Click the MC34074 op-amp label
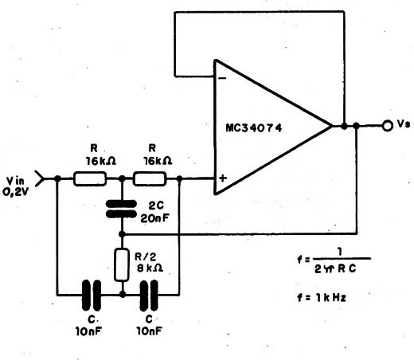click(x=254, y=128)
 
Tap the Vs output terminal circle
click(x=387, y=126)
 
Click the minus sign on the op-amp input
click(x=223, y=78)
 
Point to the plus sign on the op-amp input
click(x=223, y=178)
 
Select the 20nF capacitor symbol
click(x=121, y=209)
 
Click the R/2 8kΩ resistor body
click(x=122, y=264)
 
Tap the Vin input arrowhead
click(x=39, y=178)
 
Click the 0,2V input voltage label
click(x=16, y=192)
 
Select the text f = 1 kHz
click(x=322, y=298)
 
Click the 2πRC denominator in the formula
click(x=335, y=269)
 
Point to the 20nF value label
click(x=155, y=218)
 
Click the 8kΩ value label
click(x=150, y=268)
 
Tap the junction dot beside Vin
click(x=57, y=178)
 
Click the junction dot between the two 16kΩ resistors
click(x=122, y=178)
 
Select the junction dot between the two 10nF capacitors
click(x=123, y=294)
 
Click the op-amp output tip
click(x=332, y=126)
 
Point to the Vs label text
click(x=404, y=123)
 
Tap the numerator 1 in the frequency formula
click(x=340, y=253)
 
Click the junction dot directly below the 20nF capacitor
click(x=122, y=234)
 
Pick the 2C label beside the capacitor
click(x=156, y=205)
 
